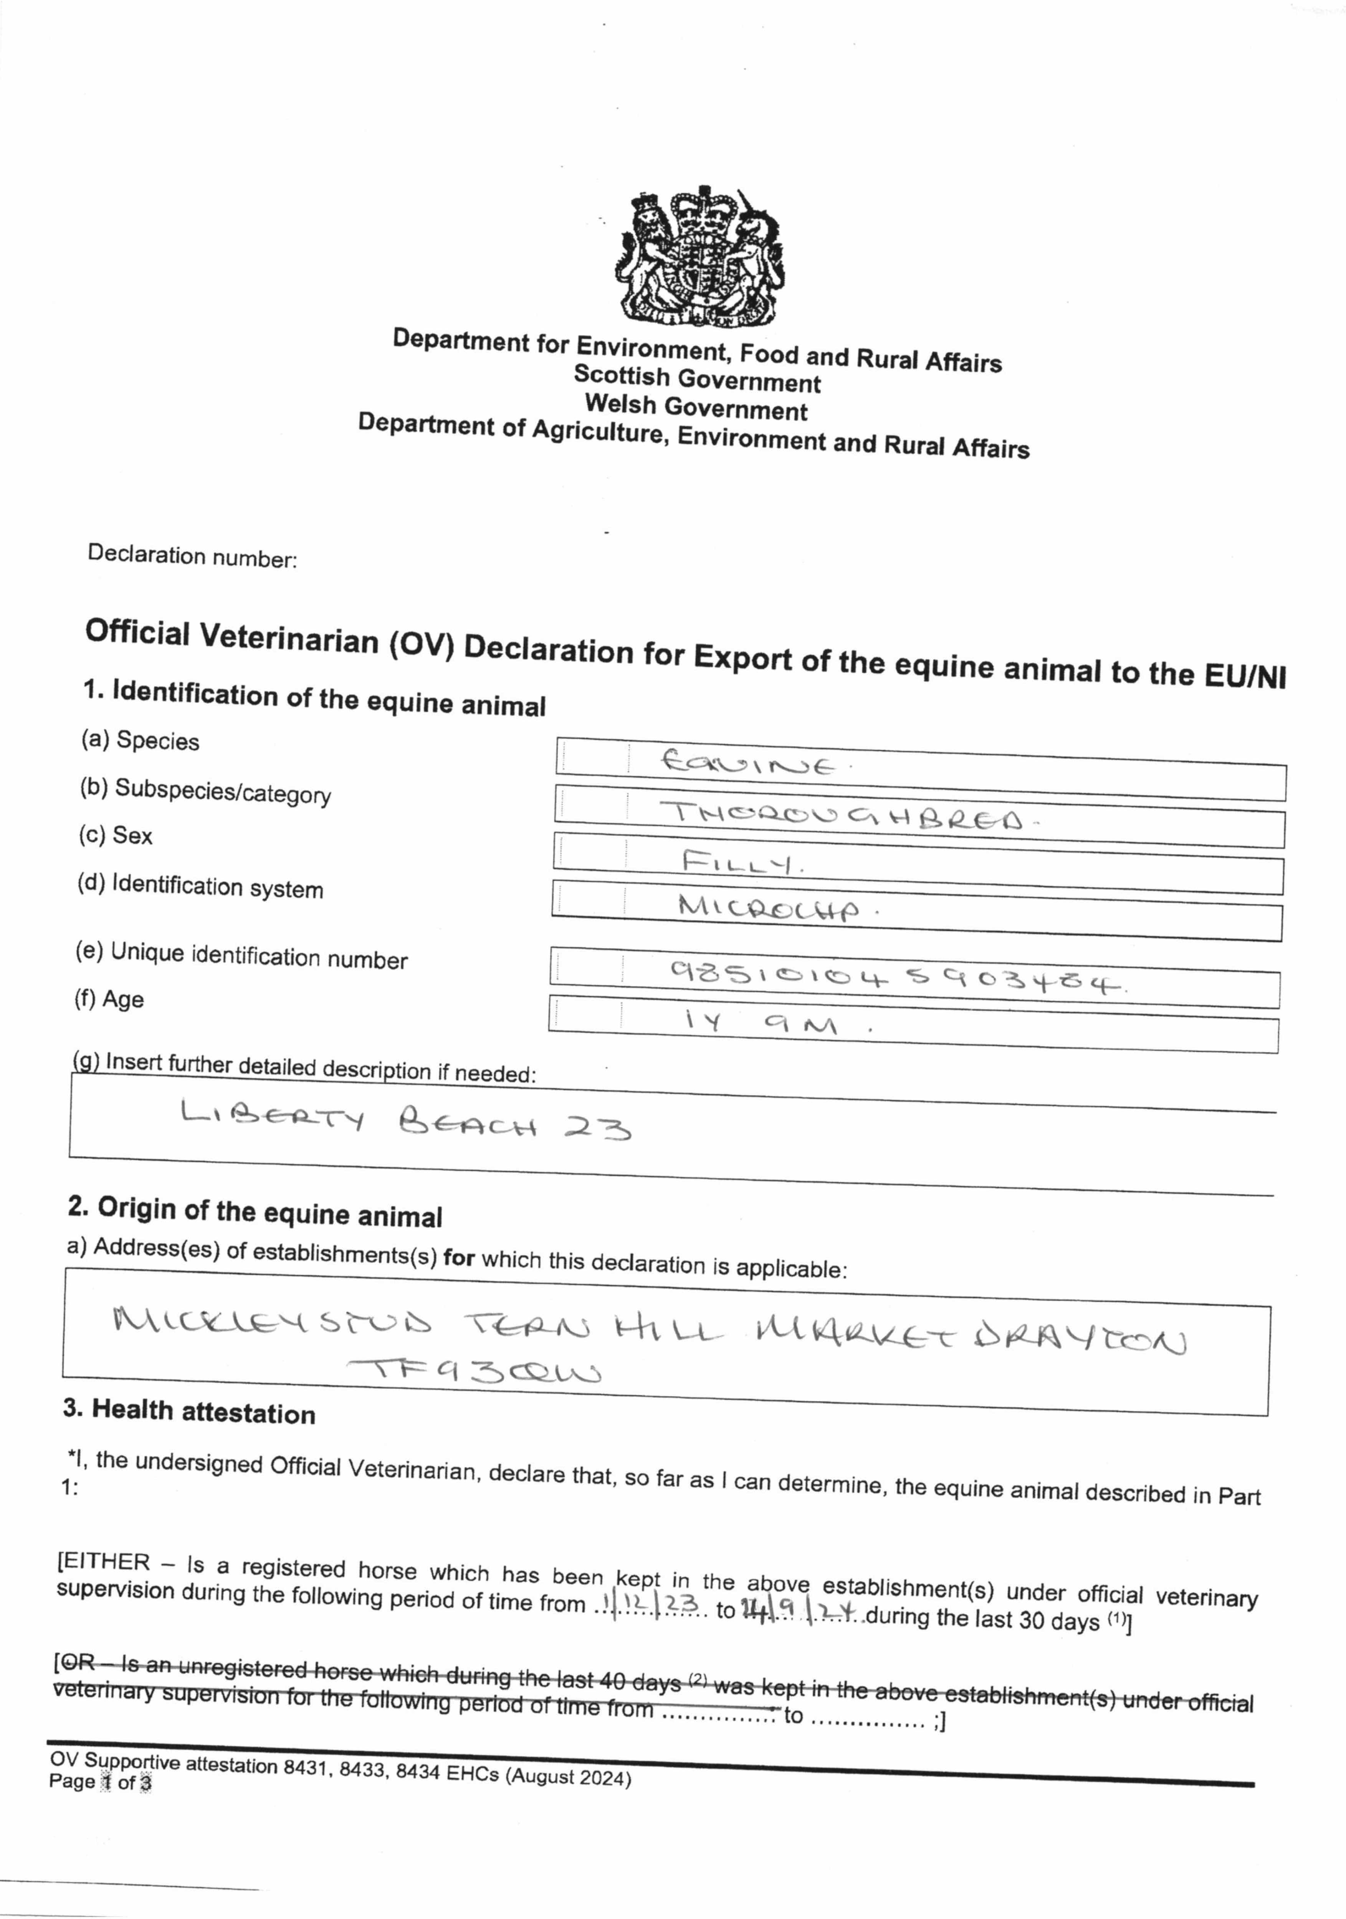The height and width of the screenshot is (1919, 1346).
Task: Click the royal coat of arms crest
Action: coord(701,257)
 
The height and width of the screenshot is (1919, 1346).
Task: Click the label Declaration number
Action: coord(192,556)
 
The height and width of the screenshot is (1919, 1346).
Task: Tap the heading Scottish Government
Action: coord(696,378)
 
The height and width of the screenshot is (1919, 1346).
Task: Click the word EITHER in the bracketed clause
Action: coord(106,1561)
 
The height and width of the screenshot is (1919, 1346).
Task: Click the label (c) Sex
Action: coord(116,834)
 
